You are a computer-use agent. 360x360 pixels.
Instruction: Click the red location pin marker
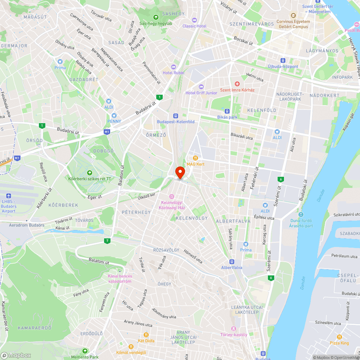pos(180,172)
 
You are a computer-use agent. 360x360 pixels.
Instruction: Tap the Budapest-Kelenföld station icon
pos(176,116)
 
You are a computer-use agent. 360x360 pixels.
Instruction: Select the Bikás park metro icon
pos(228,111)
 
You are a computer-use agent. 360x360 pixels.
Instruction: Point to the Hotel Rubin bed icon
pos(173,67)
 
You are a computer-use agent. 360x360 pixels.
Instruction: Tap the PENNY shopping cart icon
pos(114,116)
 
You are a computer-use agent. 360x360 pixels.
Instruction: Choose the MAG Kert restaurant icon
pos(195,158)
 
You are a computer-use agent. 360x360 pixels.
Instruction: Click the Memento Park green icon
pos(85,351)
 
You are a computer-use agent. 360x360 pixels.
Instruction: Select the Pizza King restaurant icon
pos(339,337)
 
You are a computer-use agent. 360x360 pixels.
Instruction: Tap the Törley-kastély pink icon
pos(234,328)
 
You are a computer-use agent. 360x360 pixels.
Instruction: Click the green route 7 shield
pos(107,240)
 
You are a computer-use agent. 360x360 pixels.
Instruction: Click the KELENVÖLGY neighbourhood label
pos(192,218)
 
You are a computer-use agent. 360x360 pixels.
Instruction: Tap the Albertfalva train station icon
pos(231,262)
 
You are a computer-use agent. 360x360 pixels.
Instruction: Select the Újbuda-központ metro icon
pos(283,60)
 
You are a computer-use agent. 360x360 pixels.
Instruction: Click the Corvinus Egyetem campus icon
pos(293,15)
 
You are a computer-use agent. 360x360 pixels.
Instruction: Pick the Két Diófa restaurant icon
pos(146,335)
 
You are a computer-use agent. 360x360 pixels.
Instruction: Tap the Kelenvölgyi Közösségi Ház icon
pos(172,197)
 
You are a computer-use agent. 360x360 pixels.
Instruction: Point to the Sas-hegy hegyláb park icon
pos(156,17)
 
